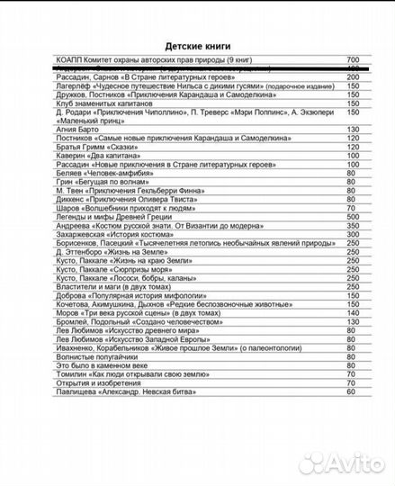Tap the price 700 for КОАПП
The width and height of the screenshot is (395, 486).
[x=353, y=59]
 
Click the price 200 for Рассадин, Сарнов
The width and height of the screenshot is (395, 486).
[x=353, y=77]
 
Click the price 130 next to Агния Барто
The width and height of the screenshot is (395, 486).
[x=353, y=130]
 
